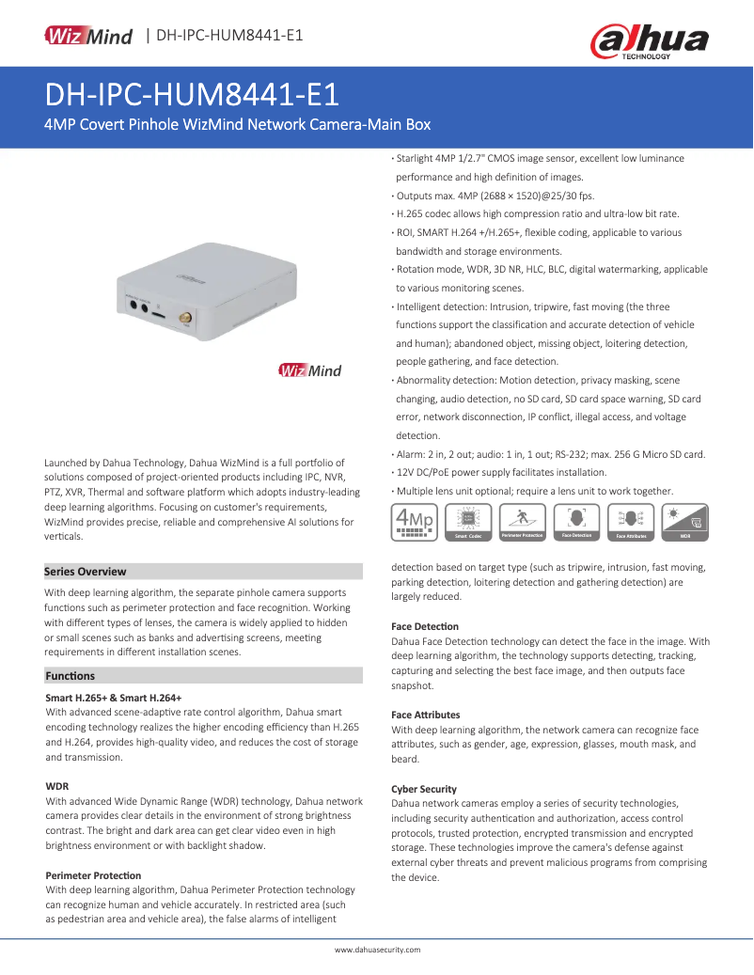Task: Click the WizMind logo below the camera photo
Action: (x=309, y=370)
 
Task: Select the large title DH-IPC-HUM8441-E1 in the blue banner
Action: (x=192, y=96)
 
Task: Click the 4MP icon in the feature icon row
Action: (x=414, y=522)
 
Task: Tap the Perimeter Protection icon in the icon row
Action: (x=522, y=522)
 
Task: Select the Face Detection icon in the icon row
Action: (x=576, y=522)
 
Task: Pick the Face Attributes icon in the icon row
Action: (x=631, y=522)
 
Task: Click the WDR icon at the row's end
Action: (x=684, y=522)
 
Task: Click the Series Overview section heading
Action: (x=86, y=572)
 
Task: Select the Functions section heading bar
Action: (x=71, y=675)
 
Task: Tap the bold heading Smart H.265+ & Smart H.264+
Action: (x=114, y=698)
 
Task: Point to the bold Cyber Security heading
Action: (x=424, y=789)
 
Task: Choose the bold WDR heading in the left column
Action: (x=57, y=785)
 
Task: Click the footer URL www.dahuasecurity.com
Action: (x=378, y=950)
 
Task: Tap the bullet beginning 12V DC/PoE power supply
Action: (x=501, y=472)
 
